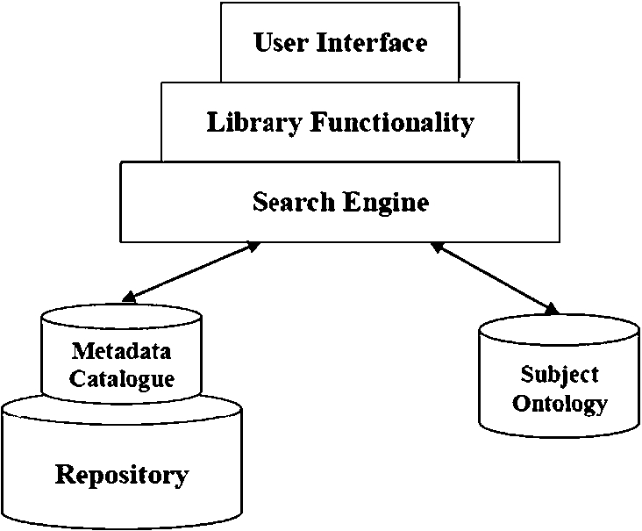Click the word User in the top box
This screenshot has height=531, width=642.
click(281, 42)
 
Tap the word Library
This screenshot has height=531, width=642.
click(254, 123)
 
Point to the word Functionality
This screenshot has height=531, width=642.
click(392, 123)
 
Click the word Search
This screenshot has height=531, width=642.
click(293, 202)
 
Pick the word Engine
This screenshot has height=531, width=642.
click(386, 203)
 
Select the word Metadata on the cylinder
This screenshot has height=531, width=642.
click(121, 351)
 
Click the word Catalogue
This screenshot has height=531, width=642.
click(122, 379)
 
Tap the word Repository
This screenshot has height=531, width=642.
click(122, 476)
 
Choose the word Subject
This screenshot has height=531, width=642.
click(560, 375)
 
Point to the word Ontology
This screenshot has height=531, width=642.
click(560, 405)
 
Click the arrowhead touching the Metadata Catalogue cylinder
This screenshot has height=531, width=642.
click(129, 298)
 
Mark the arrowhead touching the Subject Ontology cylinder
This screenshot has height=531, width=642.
click(553, 309)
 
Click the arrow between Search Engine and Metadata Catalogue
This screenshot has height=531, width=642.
click(191, 272)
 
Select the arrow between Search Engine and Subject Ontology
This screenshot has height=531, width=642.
click(495, 278)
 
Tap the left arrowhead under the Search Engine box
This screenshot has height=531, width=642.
click(253, 247)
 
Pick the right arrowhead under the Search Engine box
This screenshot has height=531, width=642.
click(437, 247)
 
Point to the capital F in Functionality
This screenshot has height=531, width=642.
click(318, 122)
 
